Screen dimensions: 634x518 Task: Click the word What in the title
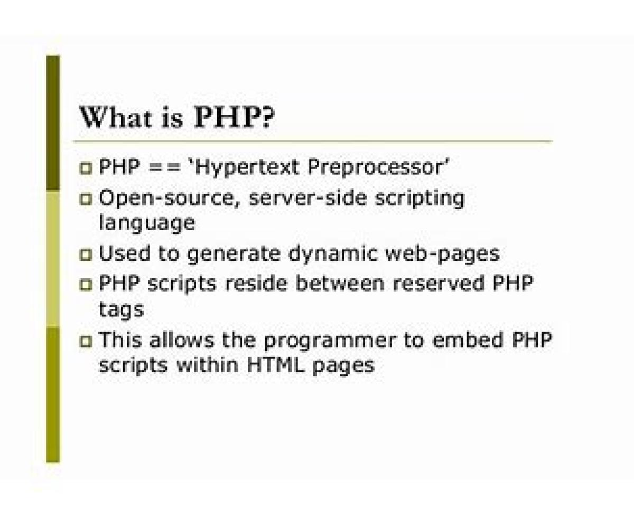[x=116, y=117]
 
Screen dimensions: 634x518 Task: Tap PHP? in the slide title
[x=234, y=117]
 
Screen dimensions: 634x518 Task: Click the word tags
[x=122, y=310]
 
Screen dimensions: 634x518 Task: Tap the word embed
[x=468, y=340]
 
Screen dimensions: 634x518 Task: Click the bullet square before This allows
[x=86, y=341]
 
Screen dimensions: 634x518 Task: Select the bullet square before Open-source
[x=86, y=199]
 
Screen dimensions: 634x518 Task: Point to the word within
[x=208, y=365]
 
